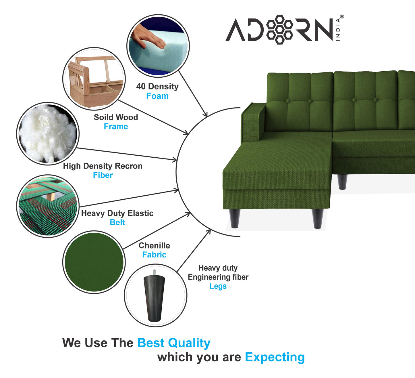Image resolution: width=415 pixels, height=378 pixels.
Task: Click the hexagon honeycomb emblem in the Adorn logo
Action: (x=279, y=29)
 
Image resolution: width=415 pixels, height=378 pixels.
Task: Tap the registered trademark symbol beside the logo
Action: (x=342, y=17)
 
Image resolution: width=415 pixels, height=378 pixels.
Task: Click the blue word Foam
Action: (x=157, y=96)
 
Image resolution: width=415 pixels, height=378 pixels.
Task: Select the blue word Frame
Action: (x=116, y=127)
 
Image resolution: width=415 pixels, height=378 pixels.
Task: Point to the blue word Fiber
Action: (x=103, y=175)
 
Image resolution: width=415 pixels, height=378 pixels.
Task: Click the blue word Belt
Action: (x=117, y=222)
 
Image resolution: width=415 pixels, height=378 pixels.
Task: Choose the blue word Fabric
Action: (x=154, y=255)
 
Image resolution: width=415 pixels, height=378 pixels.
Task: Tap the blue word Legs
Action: (x=218, y=286)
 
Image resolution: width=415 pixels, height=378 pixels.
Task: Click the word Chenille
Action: (x=154, y=246)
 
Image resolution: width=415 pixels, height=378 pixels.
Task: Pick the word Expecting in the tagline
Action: (x=275, y=357)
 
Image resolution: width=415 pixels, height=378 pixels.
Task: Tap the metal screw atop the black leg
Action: (x=154, y=272)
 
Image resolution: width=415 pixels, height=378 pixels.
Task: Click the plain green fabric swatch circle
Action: (x=94, y=262)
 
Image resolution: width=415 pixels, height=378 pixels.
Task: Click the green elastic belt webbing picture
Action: (x=48, y=207)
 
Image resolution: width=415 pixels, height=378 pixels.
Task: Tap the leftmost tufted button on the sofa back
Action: (x=288, y=101)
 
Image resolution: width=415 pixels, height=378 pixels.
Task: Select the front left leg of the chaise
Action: (x=235, y=219)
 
